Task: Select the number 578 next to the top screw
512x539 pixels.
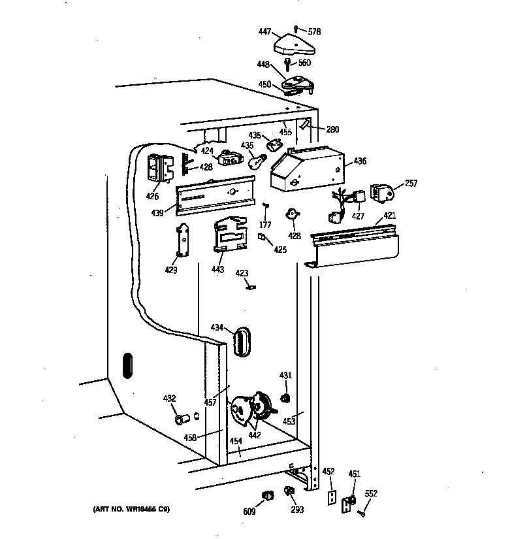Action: (314, 31)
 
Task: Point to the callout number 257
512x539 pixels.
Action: (411, 184)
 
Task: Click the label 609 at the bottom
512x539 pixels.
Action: (249, 511)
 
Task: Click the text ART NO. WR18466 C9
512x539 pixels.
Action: (131, 510)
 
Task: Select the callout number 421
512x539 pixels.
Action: (389, 215)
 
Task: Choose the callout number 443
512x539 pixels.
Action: (217, 269)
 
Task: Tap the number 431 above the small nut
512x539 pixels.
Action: (285, 375)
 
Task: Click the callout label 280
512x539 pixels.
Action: (332, 129)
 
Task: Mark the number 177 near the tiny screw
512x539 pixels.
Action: (266, 226)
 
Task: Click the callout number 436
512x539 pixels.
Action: (360, 161)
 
